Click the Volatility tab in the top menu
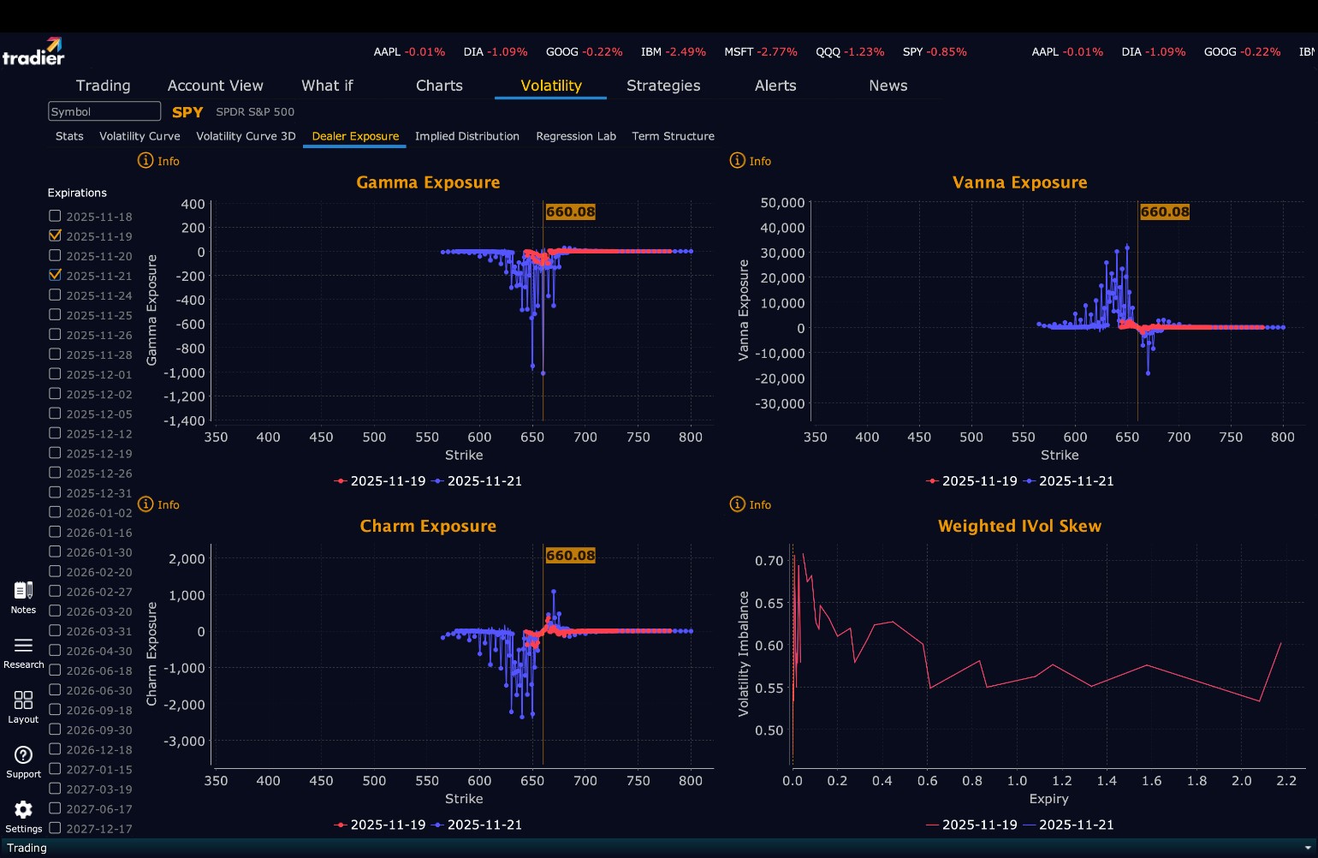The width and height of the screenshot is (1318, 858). coord(550,86)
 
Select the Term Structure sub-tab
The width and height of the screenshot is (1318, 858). coord(673,136)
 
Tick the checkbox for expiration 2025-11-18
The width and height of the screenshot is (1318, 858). coord(55,216)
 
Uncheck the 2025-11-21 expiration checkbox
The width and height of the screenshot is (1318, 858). coord(55,275)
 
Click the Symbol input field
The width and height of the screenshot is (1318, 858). coord(104,111)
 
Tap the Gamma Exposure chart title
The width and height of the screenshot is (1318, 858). coord(428,182)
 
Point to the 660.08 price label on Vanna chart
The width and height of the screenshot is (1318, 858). coord(1165,212)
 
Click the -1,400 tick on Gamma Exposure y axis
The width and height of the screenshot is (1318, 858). coord(186,420)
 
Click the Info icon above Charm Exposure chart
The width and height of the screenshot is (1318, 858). coord(146,504)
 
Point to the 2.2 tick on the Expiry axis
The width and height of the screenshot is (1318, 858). coord(1286,781)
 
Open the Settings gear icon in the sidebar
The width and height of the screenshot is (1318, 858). coord(23,810)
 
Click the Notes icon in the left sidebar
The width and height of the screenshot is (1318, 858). coord(23,591)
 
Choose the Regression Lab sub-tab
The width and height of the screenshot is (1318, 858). coord(576,136)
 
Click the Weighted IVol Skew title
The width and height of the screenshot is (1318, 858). coord(1019,526)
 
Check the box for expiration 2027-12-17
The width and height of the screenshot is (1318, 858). coord(55,828)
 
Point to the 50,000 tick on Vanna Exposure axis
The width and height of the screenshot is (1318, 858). coord(782,203)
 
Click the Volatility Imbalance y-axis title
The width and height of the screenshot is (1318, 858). coord(743,653)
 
